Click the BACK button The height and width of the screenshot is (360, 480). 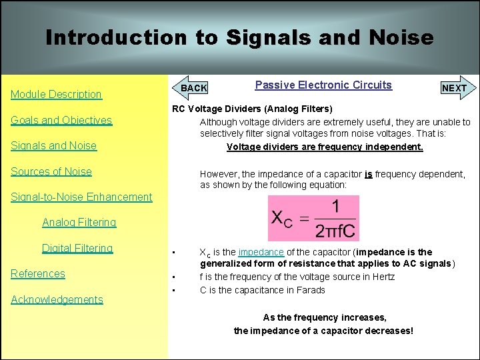(194, 88)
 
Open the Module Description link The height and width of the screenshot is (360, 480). (56, 95)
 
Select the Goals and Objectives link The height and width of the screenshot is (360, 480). (61, 121)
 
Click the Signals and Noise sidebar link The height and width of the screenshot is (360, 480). (53, 146)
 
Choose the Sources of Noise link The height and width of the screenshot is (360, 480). (51, 171)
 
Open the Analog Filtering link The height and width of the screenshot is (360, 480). (79, 222)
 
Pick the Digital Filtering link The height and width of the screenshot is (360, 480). (77, 248)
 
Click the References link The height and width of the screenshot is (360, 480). (38, 273)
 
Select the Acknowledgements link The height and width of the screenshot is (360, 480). (57, 299)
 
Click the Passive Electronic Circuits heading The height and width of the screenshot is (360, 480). (323, 85)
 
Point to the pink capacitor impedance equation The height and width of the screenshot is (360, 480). (313, 218)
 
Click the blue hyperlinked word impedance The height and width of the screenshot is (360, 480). (261, 252)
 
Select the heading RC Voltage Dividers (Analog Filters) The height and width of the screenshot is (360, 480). (252, 109)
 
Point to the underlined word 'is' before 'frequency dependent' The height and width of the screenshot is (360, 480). (368, 174)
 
